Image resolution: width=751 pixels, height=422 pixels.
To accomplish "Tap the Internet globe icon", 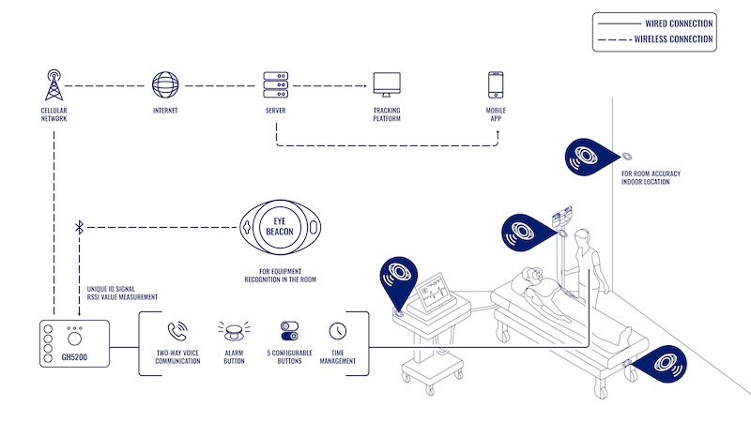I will click(165, 85).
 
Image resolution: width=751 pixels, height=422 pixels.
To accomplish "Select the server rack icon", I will click(276, 85).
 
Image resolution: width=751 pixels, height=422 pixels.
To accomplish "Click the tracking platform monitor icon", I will click(386, 85).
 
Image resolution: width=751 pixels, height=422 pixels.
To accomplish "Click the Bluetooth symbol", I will click(80, 227).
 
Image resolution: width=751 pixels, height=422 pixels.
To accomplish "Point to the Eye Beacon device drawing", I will click(283, 227).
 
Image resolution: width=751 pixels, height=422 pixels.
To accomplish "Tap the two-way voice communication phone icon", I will click(177, 331).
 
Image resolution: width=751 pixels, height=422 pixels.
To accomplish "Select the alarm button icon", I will click(233, 331).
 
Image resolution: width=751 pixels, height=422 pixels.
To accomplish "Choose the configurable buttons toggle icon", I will click(289, 331).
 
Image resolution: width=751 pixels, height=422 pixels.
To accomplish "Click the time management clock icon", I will click(338, 331).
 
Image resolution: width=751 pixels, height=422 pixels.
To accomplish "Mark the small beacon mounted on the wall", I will click(625, 156).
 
